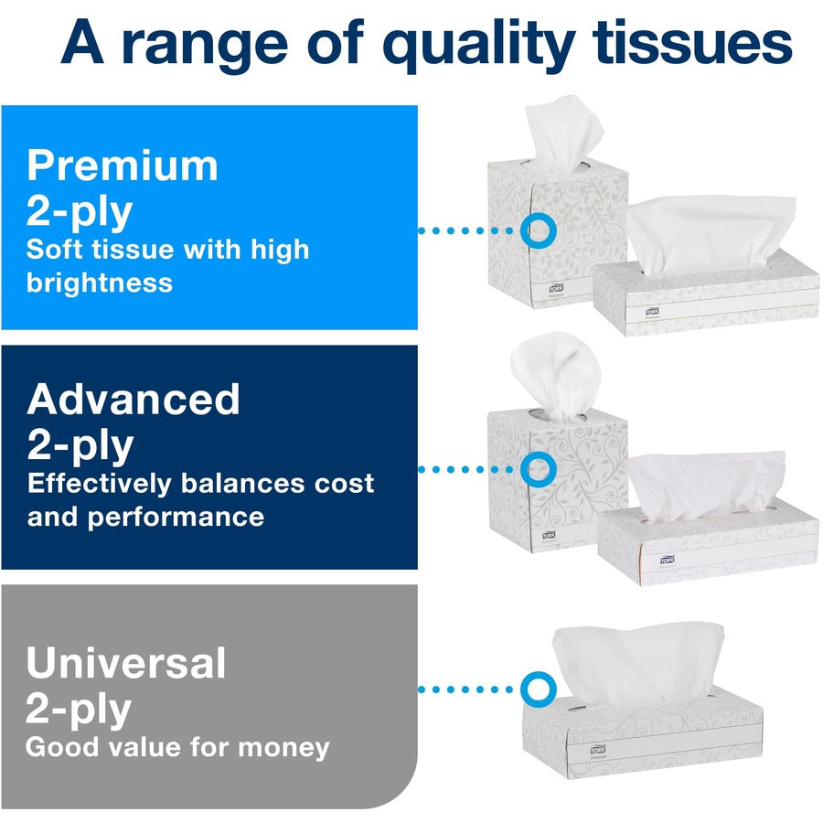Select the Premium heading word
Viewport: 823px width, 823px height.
coord(123,166)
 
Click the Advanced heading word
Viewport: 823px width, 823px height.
coord(134,401)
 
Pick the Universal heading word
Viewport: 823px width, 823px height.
coord(126,663)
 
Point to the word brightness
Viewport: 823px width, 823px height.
coord(100,282)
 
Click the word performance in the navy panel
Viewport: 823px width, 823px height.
coord(176,517)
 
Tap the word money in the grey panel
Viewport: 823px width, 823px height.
coord(283,747)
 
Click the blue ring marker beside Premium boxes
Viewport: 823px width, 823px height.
coord(537,230)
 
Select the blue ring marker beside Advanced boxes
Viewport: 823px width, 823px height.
coord(537,469)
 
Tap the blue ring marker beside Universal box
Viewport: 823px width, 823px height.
coord(537,689)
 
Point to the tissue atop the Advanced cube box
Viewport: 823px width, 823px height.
coord(552,369)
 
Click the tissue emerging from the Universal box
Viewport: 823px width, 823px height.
coord(640,661)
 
